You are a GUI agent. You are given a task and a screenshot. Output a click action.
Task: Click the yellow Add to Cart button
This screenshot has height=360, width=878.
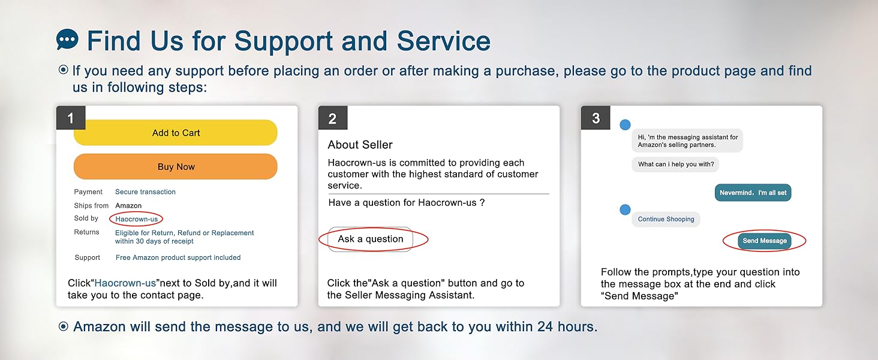point(176,133)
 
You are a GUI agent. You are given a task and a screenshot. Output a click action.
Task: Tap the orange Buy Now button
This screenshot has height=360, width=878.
point(176,167)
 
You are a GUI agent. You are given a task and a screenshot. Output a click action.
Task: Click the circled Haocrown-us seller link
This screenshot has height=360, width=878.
point(136,219)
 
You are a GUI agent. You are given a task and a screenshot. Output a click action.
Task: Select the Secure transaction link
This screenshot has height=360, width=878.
point(145,192)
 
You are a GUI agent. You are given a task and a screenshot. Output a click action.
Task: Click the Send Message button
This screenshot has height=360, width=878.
point(764,241)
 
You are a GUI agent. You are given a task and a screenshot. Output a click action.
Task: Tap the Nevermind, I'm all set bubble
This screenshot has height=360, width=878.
point(753,193)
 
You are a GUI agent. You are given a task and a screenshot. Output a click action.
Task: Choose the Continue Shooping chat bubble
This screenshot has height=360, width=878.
point(666,219)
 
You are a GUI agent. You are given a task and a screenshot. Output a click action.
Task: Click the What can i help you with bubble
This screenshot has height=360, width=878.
point(675,164)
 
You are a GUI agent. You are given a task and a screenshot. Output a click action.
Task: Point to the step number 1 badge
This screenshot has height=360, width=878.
point(71,118)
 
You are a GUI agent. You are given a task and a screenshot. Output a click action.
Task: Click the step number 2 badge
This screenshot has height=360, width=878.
point(333,118)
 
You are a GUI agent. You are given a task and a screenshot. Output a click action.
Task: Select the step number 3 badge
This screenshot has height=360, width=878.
point(596,118)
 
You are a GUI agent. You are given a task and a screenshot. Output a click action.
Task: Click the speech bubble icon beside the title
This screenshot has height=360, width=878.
point(67,40)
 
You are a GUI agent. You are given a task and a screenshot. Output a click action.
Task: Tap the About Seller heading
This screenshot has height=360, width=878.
point(360,145)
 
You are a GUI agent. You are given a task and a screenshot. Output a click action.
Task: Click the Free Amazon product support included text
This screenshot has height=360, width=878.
point(178,257)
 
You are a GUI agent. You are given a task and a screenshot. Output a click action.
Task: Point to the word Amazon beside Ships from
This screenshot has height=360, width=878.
point(128,205)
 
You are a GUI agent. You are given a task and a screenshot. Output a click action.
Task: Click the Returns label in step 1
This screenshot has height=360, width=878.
point(86,232)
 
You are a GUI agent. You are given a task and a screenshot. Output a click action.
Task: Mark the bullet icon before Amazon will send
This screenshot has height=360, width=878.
point(63,326)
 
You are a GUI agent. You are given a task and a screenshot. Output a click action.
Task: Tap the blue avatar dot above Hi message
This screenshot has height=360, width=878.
point(625,125)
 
